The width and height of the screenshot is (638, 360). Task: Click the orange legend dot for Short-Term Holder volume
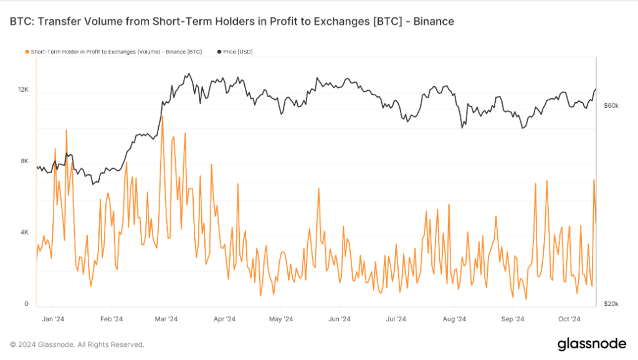[x=26, y=51]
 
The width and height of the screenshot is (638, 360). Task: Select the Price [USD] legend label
[x=238, y=51]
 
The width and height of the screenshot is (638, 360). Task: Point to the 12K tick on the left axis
[x=23, y=90]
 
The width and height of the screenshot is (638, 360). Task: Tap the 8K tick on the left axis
[x=24, y=161]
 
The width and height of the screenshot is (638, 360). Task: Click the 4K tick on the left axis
[x=24, y=233]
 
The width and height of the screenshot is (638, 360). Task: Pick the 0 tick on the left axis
[x=26, y=304]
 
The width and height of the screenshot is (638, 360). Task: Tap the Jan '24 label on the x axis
[x=53, y=319]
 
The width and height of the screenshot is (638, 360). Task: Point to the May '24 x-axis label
[x=281, y=319]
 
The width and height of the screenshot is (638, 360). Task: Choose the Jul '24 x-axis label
[x=396, y=319]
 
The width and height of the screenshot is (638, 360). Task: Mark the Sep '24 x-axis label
[x=512, y=319]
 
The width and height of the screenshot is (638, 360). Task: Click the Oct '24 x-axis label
[x=569, y=319]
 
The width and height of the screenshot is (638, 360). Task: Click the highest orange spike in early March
[x=163, y=116]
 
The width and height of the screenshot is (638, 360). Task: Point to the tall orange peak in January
[x=66, y=130]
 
